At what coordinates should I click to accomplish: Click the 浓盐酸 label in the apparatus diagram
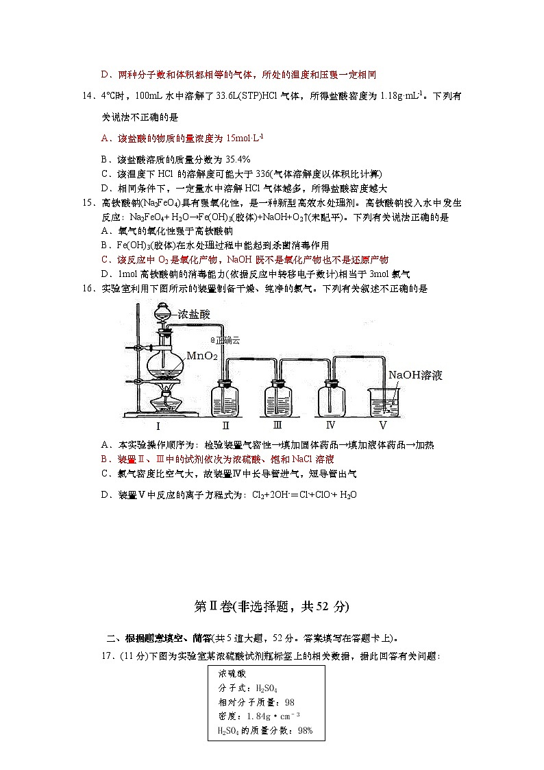point(194,315)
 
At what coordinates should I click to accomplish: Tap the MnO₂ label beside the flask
point(201,356)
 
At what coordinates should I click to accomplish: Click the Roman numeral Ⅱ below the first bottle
point(225,425)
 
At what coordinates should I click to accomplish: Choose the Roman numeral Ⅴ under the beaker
point(383,425)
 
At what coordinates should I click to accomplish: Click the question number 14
point(88,96)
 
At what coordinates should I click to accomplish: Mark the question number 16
point(88,289)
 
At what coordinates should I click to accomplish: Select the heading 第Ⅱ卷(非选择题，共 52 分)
point(272,606)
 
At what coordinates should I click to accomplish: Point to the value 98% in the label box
point(304,730)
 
